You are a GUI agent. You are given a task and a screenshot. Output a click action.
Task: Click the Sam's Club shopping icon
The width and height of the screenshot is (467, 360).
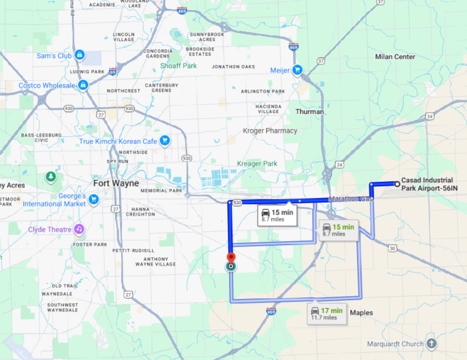click(80, 55)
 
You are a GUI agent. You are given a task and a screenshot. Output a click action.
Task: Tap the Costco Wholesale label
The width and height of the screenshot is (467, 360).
click(47, 85)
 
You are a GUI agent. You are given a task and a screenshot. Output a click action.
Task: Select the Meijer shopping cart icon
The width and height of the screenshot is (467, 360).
click(297, 70)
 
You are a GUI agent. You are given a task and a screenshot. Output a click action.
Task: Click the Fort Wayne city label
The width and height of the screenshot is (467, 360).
click(116, 183)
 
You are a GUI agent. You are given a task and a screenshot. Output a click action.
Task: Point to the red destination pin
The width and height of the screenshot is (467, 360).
click(231, 259)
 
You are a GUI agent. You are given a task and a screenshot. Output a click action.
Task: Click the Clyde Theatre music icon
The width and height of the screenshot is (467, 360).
click(79, 229)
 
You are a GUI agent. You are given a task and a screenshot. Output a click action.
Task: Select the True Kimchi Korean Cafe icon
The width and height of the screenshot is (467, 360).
click(164, 140)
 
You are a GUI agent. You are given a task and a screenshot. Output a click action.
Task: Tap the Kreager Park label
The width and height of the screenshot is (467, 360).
click(257, 164)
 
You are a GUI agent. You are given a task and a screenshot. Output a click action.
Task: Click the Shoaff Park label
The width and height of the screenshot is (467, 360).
click(178, 66)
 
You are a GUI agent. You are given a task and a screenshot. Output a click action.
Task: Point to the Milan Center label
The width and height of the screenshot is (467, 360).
click(395, 57)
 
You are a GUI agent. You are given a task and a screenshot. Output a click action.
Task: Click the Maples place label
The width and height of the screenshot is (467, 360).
click(361, 312)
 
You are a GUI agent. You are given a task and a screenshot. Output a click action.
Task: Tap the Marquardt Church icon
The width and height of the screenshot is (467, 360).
click(431, 343)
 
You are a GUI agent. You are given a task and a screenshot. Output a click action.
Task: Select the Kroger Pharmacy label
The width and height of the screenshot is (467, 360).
click(270, 131)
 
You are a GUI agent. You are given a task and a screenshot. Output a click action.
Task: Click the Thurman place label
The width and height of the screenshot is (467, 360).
click(310, 112)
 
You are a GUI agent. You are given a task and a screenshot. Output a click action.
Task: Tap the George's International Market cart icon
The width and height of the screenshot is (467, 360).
click(94, 199)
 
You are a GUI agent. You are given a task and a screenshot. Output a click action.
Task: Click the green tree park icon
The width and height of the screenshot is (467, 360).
click(51, 177)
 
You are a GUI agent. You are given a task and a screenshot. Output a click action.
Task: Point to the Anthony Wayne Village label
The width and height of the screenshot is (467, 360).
click(155, 261)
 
